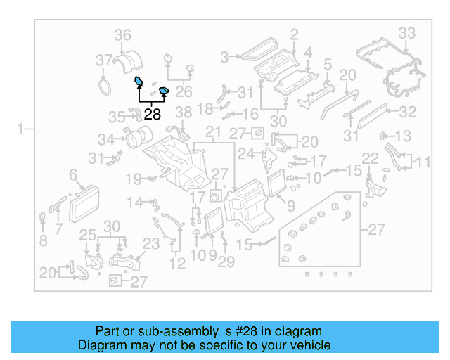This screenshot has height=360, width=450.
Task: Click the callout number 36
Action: point(123,34)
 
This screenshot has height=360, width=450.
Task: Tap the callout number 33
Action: point(407,32)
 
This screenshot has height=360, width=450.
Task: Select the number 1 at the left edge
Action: point(22,129)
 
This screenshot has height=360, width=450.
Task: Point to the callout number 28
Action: point(152,114)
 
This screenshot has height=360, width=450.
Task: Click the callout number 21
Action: point(213,133)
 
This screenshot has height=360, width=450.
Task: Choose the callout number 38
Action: point(183,112)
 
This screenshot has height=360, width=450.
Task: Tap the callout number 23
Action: point(152,243)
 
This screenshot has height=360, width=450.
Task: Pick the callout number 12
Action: point(177,264)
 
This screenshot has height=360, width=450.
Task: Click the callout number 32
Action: point(407,111)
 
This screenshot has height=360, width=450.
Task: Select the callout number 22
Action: point(370,159)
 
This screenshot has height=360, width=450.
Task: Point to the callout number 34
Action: point(105,139)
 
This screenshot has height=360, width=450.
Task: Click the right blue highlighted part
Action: point(164,90)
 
